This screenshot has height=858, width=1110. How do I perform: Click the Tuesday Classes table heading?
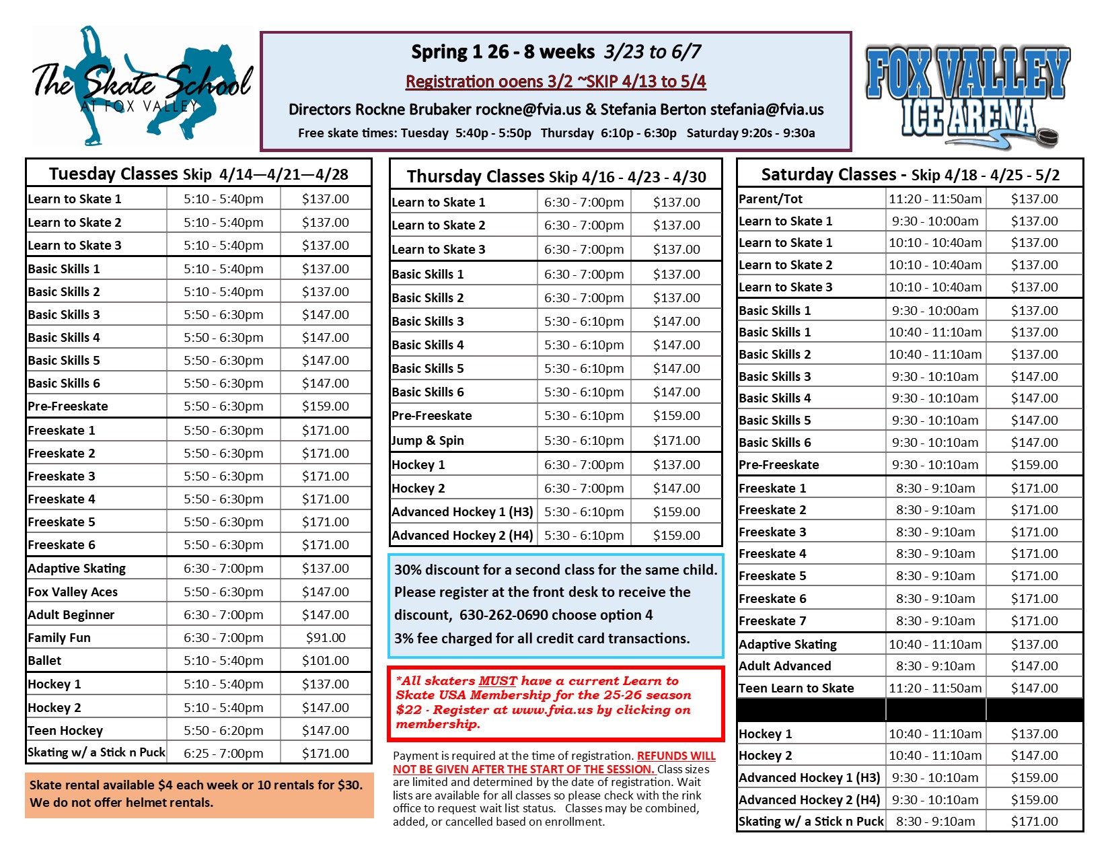point(198,174)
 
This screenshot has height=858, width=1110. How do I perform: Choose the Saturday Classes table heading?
point(910,175)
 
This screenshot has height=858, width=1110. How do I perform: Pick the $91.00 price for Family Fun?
point(326,637)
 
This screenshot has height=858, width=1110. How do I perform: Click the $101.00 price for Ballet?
point(326,660)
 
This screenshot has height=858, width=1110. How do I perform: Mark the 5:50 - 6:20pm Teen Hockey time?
point(223,730)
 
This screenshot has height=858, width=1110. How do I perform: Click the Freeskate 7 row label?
point(772,620)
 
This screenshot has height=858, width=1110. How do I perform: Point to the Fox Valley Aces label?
point(73,592)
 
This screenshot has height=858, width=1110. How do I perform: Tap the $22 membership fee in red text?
point(408,710)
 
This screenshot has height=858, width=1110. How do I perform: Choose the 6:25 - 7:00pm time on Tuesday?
point(223,753)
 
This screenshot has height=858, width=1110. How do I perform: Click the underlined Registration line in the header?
point(556,81)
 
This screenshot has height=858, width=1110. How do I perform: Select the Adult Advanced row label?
point(785,666)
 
